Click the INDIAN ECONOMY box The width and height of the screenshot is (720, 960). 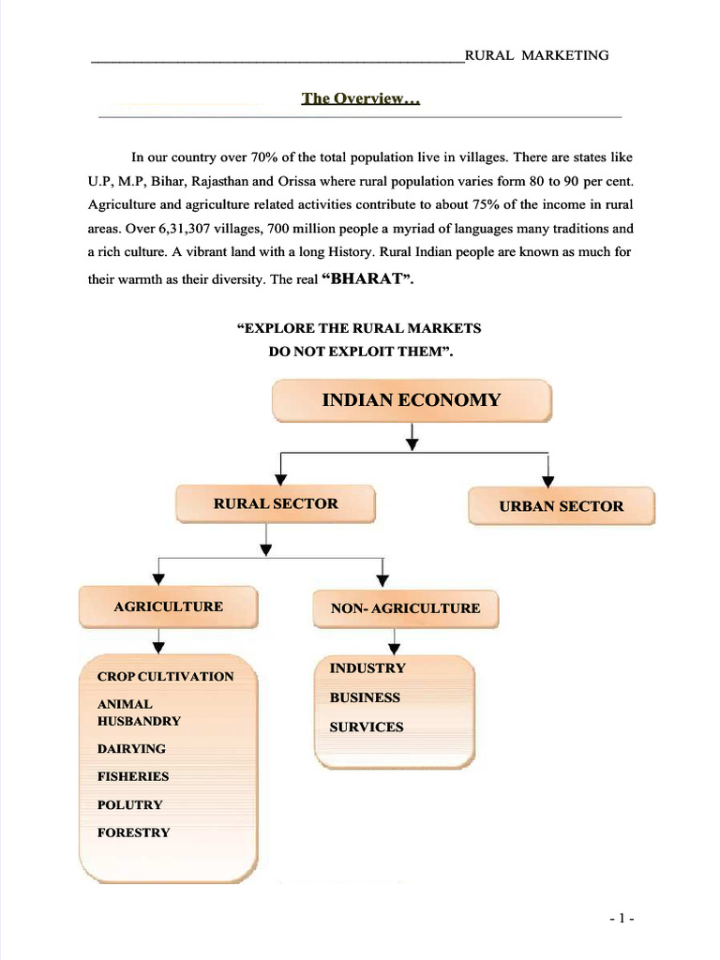[412, 400]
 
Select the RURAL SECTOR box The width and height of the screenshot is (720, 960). [276, 503]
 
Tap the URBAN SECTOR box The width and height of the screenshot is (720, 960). [561, 506]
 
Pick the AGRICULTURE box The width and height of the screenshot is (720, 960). [169, 607]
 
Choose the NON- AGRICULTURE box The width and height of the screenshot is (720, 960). [405, 608]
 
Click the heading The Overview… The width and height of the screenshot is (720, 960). [360, 98]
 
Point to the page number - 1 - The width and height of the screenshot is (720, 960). [622, 920]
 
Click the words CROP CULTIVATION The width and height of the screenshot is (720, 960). [166, 676]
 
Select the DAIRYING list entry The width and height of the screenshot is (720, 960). [131, 748]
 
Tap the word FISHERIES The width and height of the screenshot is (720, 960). [133, 776]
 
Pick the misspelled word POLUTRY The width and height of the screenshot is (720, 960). [130, 804]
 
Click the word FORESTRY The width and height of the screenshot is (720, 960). [134, 832]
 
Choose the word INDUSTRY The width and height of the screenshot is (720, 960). [367, 668]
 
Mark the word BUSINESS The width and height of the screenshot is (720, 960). [365, 697]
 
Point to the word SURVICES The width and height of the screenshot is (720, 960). [367, 727]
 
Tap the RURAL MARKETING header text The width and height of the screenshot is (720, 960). [537, 55]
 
